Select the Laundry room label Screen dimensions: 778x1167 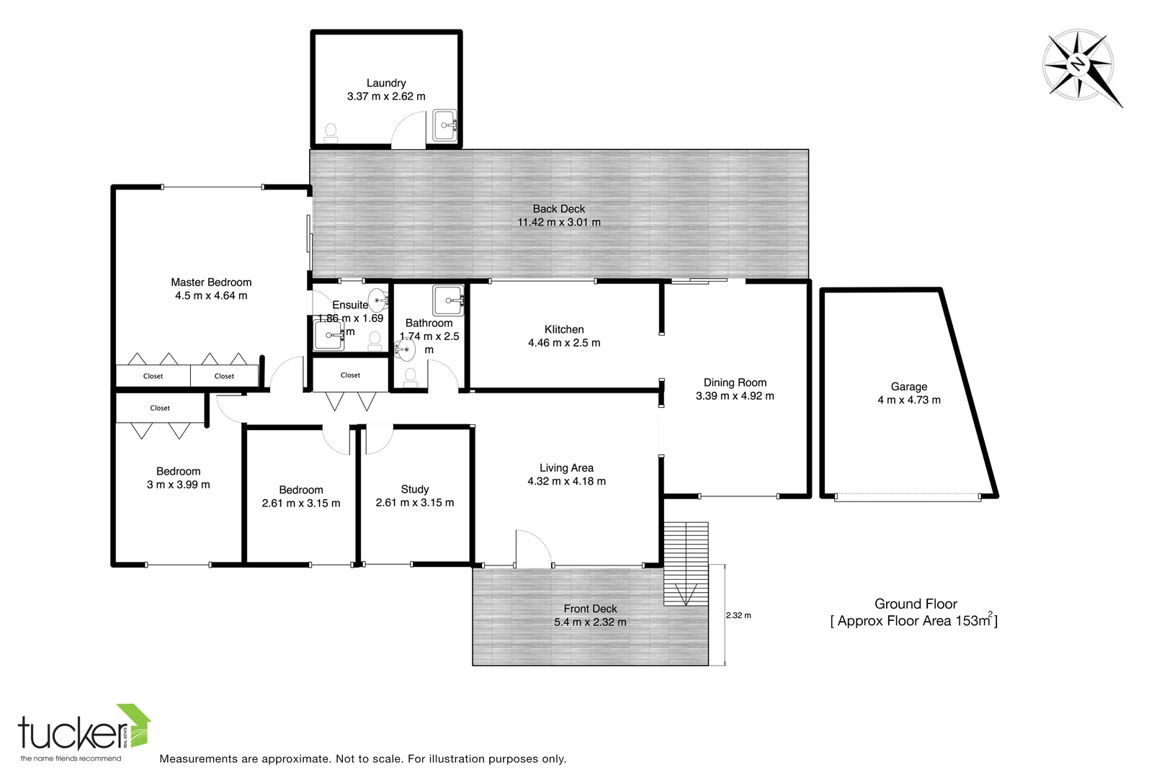pos(386,83)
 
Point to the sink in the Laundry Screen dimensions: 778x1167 pos(444,125)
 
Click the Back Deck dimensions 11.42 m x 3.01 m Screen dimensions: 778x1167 pos(559,223)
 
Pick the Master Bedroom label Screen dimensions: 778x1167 pos(211,282)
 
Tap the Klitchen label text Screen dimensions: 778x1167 pos(564,329)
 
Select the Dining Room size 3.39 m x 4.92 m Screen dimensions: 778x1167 pos(735,396)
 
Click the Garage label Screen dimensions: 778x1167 pos(908,387)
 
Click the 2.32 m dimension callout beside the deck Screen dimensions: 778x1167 pos(738,615)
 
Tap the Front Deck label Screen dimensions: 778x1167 pos(590,609)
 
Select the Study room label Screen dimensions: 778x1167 pos(415,489)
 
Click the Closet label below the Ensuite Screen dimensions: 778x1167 pos(351,375)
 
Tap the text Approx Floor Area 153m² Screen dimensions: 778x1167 pos(916,621)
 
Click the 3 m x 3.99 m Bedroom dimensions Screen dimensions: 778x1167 pos(178,485)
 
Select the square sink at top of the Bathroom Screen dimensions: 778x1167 pos(449,298)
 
